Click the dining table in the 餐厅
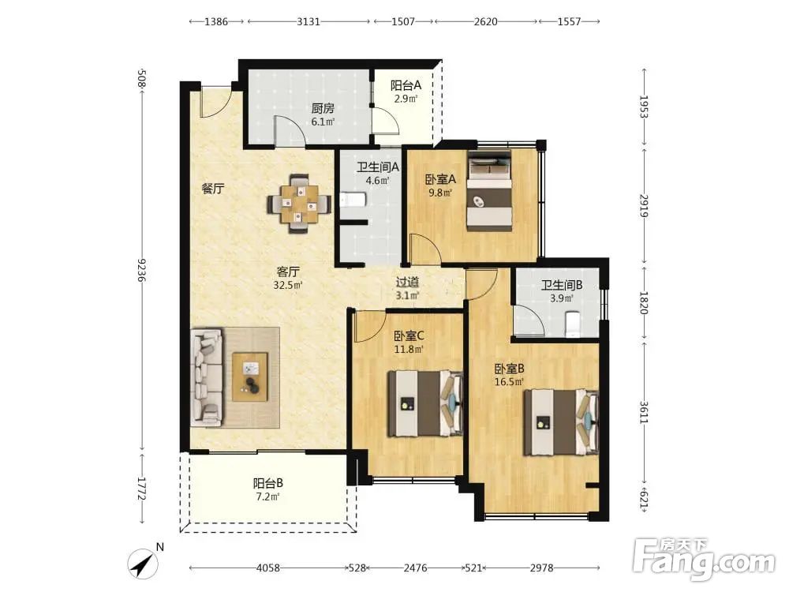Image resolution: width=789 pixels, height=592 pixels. pyautogui.click(x=299, y=204)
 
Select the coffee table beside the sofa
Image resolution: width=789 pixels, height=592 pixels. pyautogui.click(x=249, y=377)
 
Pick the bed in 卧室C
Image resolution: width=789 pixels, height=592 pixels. pyautogui.click(x=424, y=403)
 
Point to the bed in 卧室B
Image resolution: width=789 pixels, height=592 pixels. pyautogui.click(x=561, y=422)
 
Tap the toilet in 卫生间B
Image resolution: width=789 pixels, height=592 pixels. pyautogui.click(x=572, y=324)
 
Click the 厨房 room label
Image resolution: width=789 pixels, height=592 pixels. pyautogui.click(x=323, y=108)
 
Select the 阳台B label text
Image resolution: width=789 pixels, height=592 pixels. pyautogui.click(x=267, y=483)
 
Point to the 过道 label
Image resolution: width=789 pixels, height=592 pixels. pyautogui.click(x=407, y=283)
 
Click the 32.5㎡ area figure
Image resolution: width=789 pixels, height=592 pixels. pyautogui.click(x=288, y=286)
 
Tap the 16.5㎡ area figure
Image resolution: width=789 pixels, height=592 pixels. pyautogui.click(x=509, y=381)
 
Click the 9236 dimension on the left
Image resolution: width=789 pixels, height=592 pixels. pyautogui.click(x=141, y=270)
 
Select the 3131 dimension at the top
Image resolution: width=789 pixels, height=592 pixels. pyautogui.click(x=308, y=21)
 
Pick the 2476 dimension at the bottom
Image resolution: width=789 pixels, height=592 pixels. pyautogui.click(x=415, y=568)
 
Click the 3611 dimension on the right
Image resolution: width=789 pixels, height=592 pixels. pyautogui.click(x=644, y=412)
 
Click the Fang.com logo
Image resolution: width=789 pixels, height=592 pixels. pyautogui.click(x=705, y=559)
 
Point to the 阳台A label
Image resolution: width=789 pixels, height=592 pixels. pyautogui.click(x=406, y=85)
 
